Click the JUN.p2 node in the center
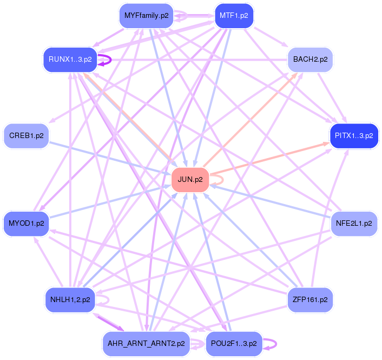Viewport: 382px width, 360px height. [190, 180]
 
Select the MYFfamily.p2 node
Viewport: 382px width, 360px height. [146, 16]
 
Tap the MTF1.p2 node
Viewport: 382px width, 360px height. [234, 16]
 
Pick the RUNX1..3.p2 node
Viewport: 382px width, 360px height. [70, 60]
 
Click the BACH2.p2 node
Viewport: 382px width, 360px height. [310, 60]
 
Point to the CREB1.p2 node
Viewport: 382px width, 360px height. [27, 136]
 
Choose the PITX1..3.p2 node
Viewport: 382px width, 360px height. [354, 136]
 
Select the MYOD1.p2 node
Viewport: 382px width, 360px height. [27, 223]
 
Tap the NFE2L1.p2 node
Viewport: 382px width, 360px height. [354, 223]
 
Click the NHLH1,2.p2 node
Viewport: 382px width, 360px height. [70, 299]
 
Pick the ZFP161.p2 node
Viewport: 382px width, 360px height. [310, 299]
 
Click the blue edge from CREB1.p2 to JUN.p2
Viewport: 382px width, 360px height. [108, 158]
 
